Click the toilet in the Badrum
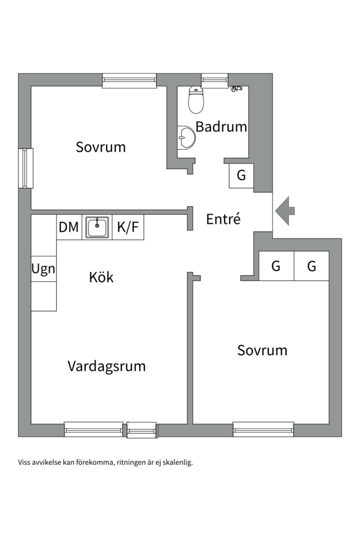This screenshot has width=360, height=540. tap(196, 100)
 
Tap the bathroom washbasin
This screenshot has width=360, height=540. tap(187, 136)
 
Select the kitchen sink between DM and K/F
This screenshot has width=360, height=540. tap(97, 227)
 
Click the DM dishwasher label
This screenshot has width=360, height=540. tap(69, 227)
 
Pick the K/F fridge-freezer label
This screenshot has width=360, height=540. tap(127, 227)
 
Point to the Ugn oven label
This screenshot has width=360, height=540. tap(43, 269)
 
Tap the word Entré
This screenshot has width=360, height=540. tap(223, 219)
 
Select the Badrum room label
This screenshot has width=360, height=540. tap(221, 126)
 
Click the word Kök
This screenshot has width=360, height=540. tap(101, 277)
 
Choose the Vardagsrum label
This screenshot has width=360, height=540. tap(106, 366)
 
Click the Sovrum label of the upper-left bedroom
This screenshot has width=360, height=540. tap(100, 147)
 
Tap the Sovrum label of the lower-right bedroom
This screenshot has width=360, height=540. tap(262, 350)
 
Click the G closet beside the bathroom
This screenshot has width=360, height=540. tap(241, 175)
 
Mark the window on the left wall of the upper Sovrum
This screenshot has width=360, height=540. tap(25, 168)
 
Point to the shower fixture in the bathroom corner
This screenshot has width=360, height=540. tap(236, 89)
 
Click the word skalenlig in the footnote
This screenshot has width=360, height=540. tap(177, 462)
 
